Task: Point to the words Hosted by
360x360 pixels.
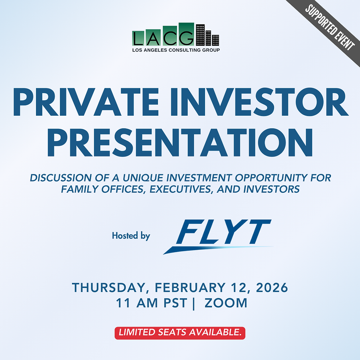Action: pos(131,235)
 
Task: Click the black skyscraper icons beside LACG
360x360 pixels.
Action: pos(207,35)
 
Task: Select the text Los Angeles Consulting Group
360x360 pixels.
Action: pos(176,50)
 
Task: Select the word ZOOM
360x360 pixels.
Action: pos(226,303)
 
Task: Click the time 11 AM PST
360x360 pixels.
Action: pos(151,303)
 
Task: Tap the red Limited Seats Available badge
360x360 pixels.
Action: pos(180,333)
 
